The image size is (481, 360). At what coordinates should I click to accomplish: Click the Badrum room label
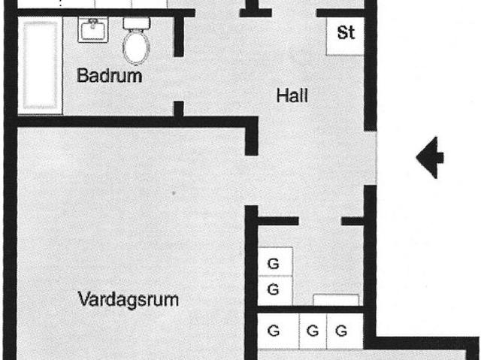109,75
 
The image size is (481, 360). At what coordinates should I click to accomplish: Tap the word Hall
292,95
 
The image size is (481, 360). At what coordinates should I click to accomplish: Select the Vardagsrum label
129,300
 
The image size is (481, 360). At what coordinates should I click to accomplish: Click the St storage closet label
346,32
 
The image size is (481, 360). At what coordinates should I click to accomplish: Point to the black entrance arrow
430,158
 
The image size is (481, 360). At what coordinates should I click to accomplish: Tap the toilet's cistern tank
137,23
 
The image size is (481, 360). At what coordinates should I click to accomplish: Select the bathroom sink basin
93,29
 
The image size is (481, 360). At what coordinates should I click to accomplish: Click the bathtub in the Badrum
40,65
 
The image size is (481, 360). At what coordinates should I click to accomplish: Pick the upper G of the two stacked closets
274,263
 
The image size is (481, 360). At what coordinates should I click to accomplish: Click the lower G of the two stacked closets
274,289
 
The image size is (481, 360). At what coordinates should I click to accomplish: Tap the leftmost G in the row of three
274,331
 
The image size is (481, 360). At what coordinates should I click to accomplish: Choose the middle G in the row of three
313,331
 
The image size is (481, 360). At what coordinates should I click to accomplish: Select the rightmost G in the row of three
341,331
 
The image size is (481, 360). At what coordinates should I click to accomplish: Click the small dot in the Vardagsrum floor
174,193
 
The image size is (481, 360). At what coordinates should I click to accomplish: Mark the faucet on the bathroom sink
93,23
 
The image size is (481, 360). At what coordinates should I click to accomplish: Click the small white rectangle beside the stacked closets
336,300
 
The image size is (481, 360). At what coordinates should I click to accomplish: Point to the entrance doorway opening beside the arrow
371,158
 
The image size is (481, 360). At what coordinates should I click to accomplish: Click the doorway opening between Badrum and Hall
179,79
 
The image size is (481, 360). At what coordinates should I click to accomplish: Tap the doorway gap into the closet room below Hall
320,221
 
